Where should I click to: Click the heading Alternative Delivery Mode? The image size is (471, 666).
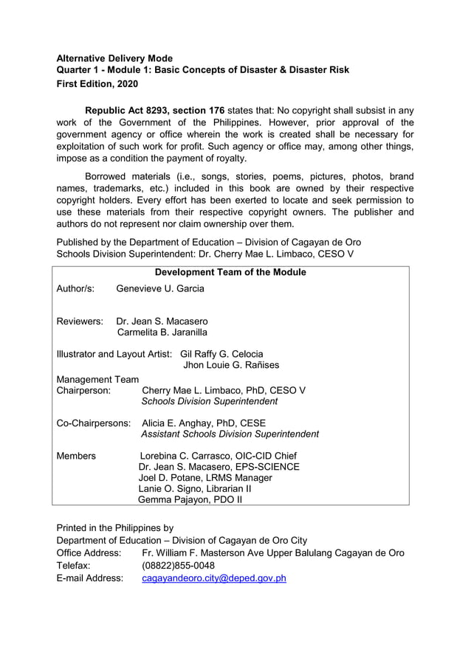click(x=114, y=58)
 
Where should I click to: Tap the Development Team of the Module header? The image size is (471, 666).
click(x=230, y=272)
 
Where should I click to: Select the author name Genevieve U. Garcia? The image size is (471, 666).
click(x=160, y=288)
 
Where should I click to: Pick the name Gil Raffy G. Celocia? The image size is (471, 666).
click(x=221, y=354)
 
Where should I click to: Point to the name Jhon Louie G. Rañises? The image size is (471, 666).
click(x=231, y=365)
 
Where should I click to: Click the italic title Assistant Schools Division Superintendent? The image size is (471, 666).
click(x=230, y=434)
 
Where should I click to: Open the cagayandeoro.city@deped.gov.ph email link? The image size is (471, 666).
click(x=213, y=578)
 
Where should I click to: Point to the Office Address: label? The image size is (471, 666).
click(x=89, y=553)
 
